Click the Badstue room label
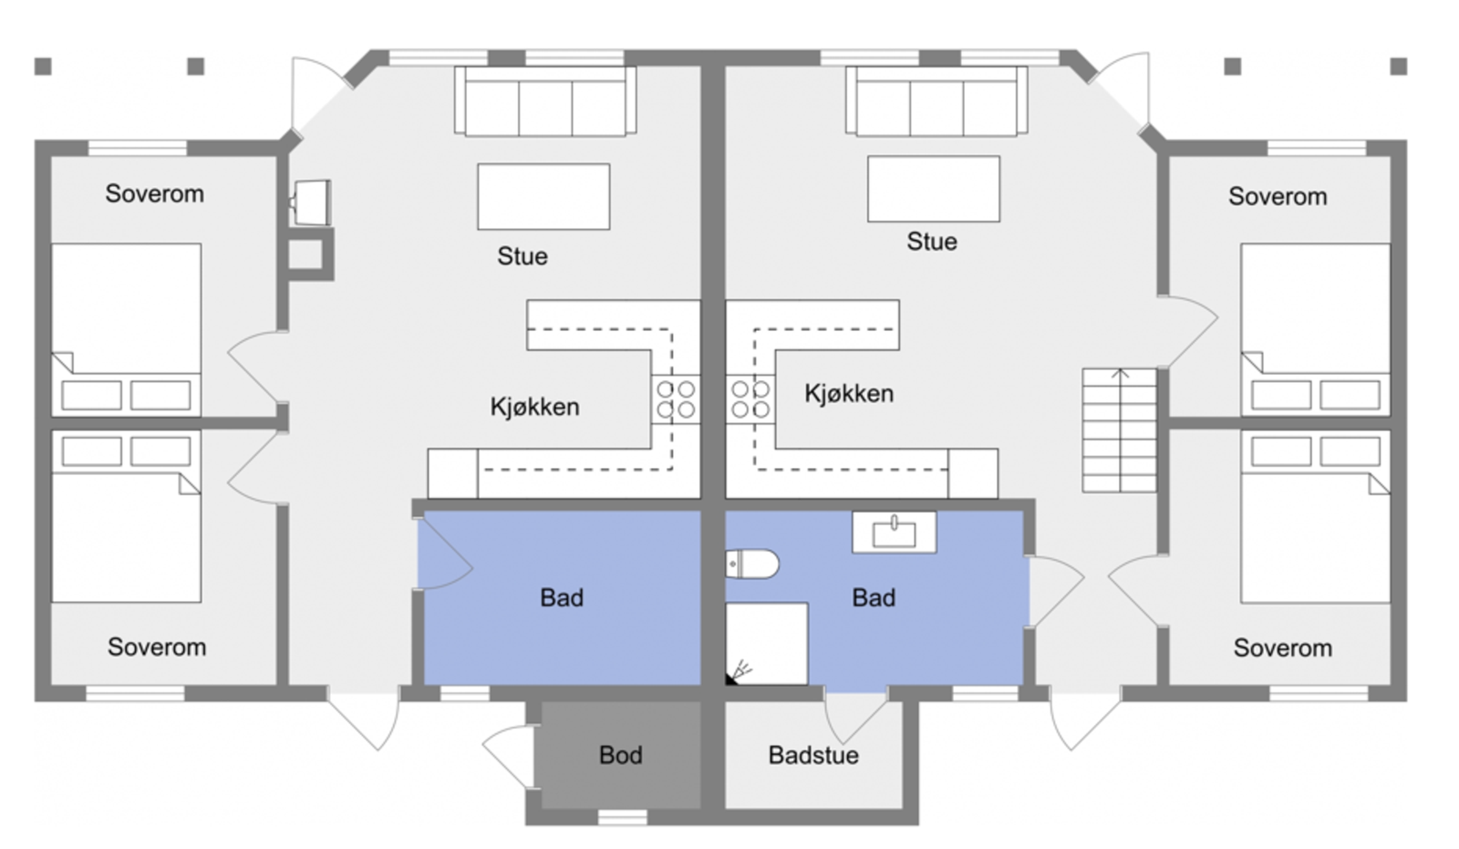click(812, 755)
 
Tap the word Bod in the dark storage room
click(620, 755)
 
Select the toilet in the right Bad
click(752, 564)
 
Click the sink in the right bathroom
click(894, 532)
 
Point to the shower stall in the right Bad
click(767, 643)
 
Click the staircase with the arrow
click(1119, 430)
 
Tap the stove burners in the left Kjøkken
click(676, 399)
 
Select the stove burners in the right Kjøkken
click(750, 399)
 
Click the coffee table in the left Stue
click(543, 196)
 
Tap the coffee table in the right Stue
click(933, 189)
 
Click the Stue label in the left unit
click(523, 256)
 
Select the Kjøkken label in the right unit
click(848, 394)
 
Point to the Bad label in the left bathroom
click(561, 598)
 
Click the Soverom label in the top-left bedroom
click(154, 193)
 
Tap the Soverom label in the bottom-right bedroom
click(1282, 647)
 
